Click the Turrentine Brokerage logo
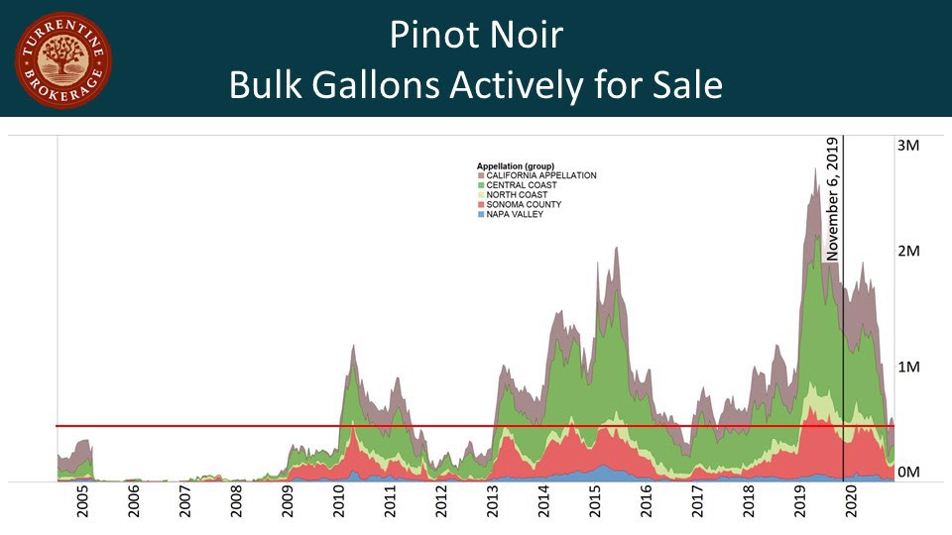63,59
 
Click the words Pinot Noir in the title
476,36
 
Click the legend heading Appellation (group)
515,165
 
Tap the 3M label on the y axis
908,146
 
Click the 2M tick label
908,252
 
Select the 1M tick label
908,368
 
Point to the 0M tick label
908,473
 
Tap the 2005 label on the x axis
83,503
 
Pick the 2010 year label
339,503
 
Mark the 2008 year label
237,503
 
